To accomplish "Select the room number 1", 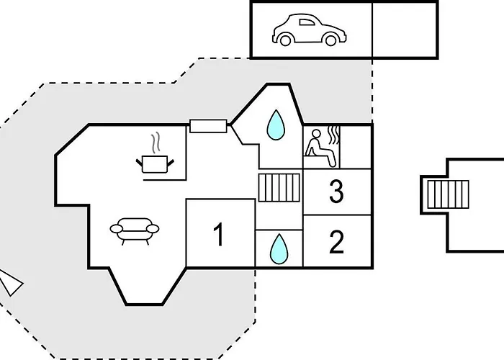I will coord(220,235).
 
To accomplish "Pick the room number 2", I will coord(336,243).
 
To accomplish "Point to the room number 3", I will coord(336,192).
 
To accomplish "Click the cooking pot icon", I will coord(154,163).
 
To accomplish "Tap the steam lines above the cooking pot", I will coord(154,141).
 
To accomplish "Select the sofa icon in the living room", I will coord(134,230).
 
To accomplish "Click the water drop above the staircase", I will coord(275,124).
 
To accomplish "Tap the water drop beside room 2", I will coord(277,249).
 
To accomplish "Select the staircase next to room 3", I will coord(278,187).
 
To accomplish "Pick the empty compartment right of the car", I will coord(404,30).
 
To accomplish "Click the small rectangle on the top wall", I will coord(208,126).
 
